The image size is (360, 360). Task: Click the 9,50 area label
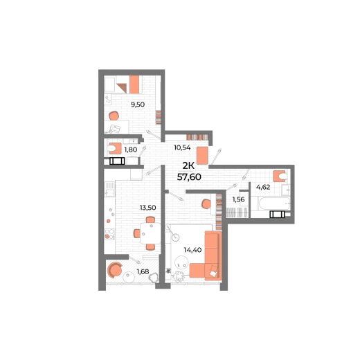click(x=138, y=105)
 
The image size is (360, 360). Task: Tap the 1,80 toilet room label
click(x=131, y=150)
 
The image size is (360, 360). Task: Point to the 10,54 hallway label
click(x=182, y=147)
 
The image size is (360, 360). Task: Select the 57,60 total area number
click(x=189, y=177)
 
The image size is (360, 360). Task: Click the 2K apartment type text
click(x=188, y=165)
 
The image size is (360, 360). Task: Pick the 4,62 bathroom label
click(x=263, y=187)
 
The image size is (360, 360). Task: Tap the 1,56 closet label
click(x=238, y=199)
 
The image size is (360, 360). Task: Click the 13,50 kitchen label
click(x=148, y=208)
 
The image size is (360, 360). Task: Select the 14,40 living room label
click(x=192, y=250)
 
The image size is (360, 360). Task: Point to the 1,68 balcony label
click(x=143, y=271)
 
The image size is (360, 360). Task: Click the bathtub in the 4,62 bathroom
click(x=274, y=204)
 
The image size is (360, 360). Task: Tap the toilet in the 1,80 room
click(x=114, y=148)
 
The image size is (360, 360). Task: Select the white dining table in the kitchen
click(x=150, y=233)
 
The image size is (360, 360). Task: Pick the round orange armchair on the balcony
click(x=115, y=269)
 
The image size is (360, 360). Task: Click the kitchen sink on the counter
click(x=109, y=192)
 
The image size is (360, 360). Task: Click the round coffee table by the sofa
click(x=181, y=262)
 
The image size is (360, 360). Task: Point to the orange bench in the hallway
click(x=202, y=156)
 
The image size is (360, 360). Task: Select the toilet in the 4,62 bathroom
click(x=280, y=177)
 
